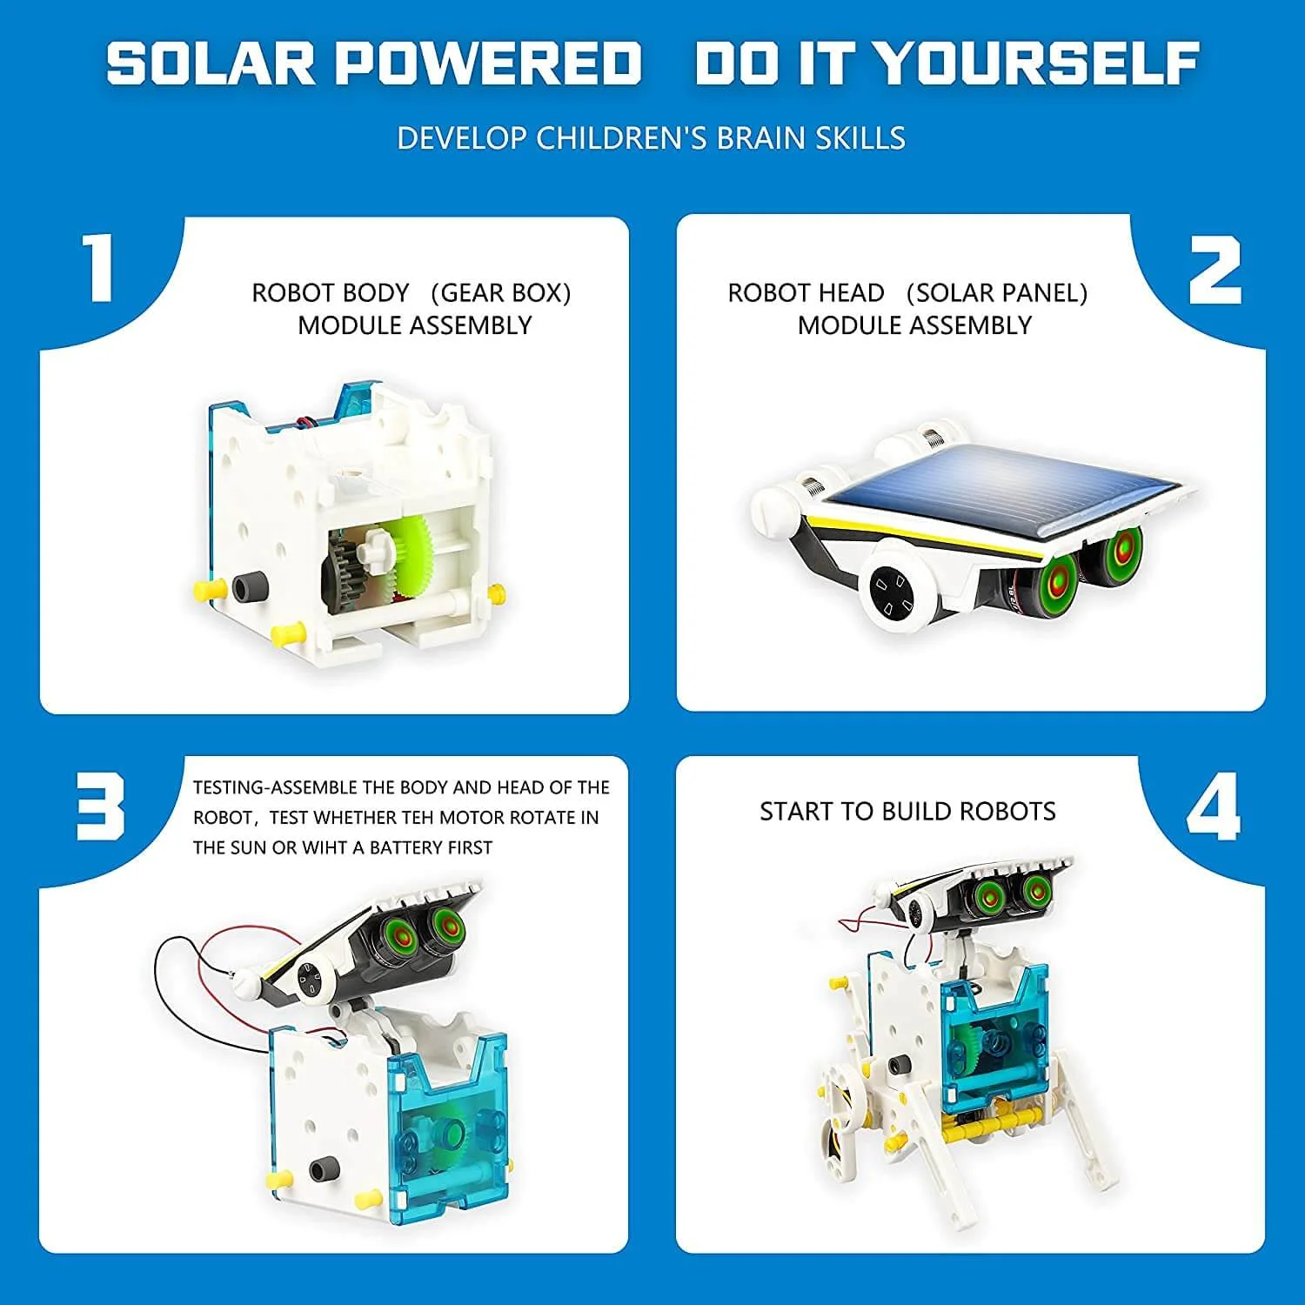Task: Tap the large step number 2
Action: pos(1215,271)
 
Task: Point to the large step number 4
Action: pos(1213,809)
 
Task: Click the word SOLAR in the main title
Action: pos(211,64)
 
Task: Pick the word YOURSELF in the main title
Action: pos(1035,64)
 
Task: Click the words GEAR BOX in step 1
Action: pos(501,293)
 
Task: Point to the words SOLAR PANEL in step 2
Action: pos(996,293)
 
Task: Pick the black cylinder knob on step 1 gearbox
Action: pos(252,587)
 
